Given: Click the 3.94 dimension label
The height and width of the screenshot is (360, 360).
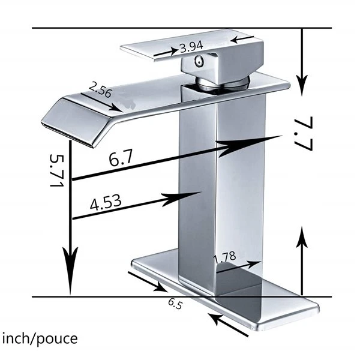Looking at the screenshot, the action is (x=191, y=47).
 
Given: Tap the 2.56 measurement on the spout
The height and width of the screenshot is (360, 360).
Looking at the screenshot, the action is (x=100, y=90).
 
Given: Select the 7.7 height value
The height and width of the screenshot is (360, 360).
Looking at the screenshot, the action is (x=304, y=134).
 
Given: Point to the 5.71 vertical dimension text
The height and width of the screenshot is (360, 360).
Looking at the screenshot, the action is (x=56, y=170).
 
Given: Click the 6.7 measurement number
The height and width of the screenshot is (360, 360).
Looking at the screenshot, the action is (x=121, y=158).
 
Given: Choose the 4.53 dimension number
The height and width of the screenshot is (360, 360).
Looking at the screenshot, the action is (x=106, y=203).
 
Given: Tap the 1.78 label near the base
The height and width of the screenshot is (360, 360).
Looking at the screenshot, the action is (x=224, y=257).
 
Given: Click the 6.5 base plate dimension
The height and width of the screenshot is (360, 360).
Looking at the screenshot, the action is (x=175, y=304).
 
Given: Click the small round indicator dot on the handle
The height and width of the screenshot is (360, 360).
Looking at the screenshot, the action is (x=199, y=61).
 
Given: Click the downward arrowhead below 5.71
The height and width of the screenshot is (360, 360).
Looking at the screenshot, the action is (x=70, y=271).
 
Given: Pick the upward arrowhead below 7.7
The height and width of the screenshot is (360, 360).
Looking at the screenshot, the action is (x=302, y=237).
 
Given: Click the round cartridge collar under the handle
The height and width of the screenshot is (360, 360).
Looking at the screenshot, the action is (x=222, y=83).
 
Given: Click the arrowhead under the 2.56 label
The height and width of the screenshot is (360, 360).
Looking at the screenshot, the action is (x=116, y=108).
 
